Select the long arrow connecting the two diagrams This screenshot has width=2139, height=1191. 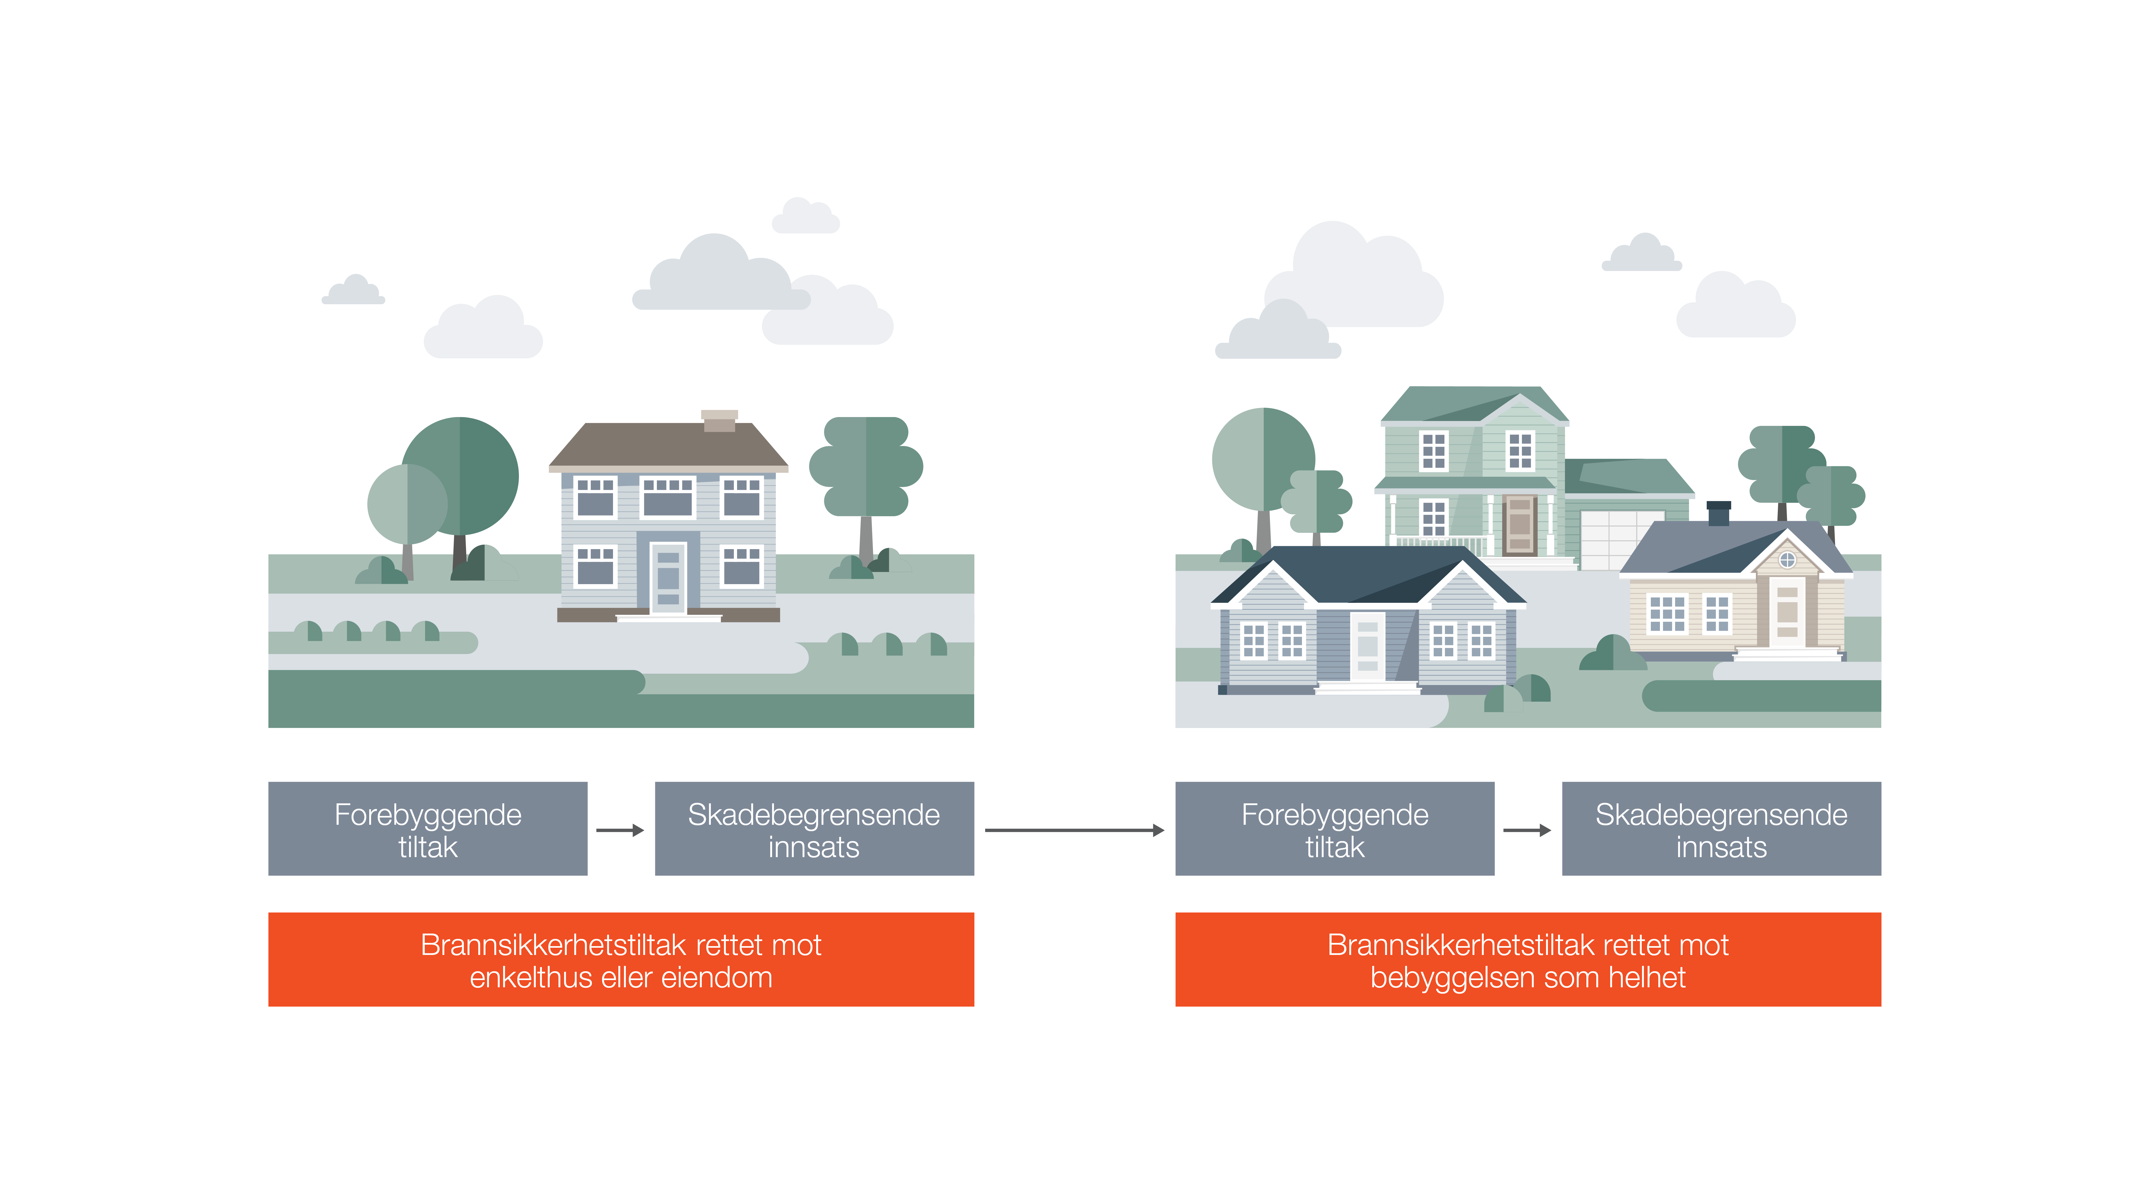[x=1074, y=830]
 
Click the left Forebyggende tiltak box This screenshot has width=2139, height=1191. [x=428, y=829]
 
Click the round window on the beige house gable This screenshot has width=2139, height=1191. [x=1787, y=560]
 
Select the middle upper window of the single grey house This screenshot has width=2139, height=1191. [x=668, y=497]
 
